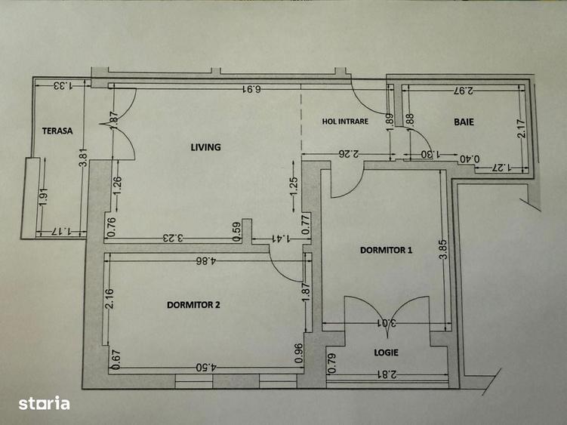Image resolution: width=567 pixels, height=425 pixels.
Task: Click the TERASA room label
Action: (x=57, y=131)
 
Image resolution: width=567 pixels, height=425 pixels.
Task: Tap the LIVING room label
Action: (x=205, y=147)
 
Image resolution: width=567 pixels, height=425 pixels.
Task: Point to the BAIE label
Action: (x=464, y=122)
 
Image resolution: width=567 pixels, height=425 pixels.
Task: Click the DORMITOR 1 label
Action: (x=387, y=251)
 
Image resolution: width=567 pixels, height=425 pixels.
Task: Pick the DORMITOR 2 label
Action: (x=193, y=305)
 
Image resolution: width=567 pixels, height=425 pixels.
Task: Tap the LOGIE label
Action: (x=386, y=353)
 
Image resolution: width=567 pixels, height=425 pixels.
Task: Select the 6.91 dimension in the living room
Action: (x=251, y=90)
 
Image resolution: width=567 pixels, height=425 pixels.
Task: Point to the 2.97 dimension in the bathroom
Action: (x=463, y=91)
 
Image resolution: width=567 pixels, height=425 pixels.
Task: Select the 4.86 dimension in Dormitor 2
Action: (x=204, y=261)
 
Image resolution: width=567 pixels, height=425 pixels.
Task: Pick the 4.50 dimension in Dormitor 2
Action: (x=204, y=368)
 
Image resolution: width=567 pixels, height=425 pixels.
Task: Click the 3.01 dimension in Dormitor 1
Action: (x=386, y=325)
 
